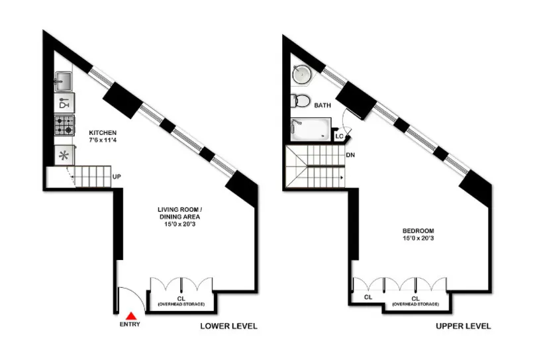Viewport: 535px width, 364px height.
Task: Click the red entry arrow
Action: pyautogui.click(x=132, y=316)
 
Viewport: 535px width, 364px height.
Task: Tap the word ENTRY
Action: pyautogui.click(x=131, y=326)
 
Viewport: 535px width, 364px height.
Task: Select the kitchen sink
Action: pyautogui.click(x=64, y=82)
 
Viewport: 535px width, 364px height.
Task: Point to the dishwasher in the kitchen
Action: pyautogui.click(x=64, y=104)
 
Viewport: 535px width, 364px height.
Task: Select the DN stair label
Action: pyautogui.click(x=350, y=156)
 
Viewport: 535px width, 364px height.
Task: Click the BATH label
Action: pyautogui.click(x=322, y=105)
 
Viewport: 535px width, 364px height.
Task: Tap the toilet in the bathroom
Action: pyautogui.click(x=301, y=101)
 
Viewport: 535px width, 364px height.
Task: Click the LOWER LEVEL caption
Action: pyautogui.click(x=229, y=326)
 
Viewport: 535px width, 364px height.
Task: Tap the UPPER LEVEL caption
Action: pyautogui.click(x=463, y=326)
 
